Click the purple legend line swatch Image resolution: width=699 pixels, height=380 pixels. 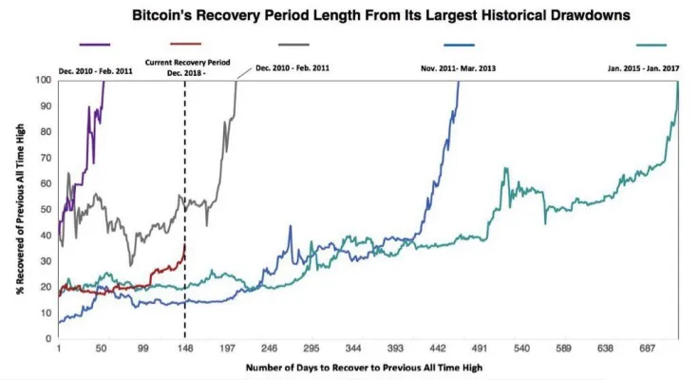(x=95, y=45)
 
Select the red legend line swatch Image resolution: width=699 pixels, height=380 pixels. (x=185, y=45)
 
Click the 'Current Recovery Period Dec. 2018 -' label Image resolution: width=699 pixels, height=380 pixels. (x=183, y=66)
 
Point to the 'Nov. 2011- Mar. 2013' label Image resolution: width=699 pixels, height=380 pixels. (x=461, y=67)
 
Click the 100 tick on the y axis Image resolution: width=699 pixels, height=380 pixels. (x=45, y=80)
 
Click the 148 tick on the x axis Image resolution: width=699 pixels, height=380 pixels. (x=186, y=350)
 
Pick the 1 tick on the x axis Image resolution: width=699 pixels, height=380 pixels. (x=59, y=350)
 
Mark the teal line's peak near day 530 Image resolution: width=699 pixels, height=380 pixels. (x=506, y=169)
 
